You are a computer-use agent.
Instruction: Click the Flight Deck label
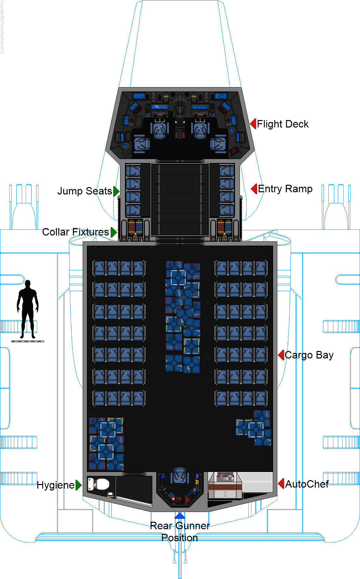[x=283, y=124]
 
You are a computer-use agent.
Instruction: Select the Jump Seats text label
[x=85, y=191]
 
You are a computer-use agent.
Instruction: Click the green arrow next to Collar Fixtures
[x=113, y=232]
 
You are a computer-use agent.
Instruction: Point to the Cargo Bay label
[x=309, y=355]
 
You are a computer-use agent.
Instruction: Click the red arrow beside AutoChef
[x=282, y=484]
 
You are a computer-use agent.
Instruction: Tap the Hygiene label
[x=56, y=485]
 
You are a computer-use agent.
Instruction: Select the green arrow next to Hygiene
[x=78, y=485]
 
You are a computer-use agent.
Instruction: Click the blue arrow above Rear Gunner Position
[x=180, y=516]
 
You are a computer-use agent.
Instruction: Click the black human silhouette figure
[x=28, y=309]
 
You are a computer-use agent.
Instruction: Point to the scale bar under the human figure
[x=28, y=341]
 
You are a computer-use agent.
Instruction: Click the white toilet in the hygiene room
[x=102, y=484]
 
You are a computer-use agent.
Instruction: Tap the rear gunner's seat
[x=180, y=475]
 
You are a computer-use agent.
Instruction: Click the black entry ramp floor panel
[x=180, y=199]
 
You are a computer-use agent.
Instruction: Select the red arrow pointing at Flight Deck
[x=253, y=124]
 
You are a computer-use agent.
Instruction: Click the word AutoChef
[x=307, y=484]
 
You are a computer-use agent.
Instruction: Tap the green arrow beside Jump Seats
[x=116, y=191]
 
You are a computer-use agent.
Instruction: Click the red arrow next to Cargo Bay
[x=281, y=355]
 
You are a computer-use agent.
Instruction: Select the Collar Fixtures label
[x=76, y=232]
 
